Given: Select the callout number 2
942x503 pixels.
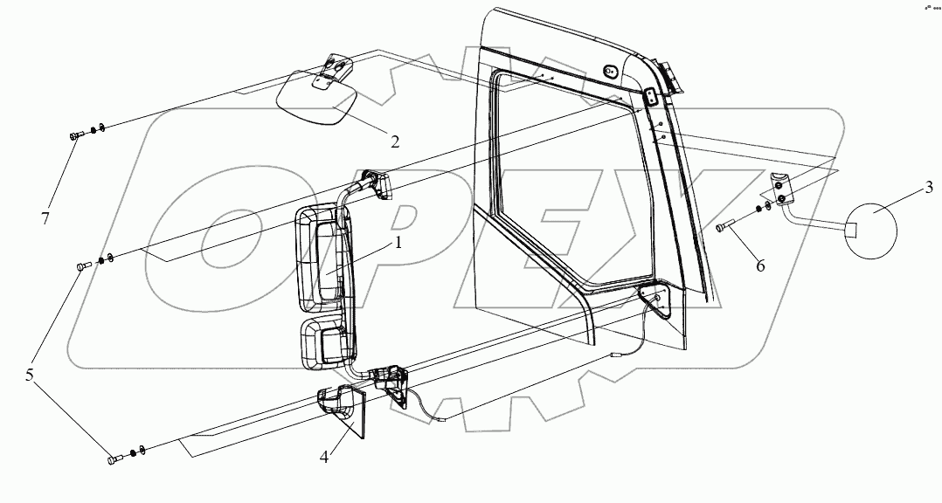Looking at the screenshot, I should click(395, 141).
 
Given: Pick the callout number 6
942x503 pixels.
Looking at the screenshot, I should click(760, 265).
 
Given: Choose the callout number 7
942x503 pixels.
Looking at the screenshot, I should click(45, 216).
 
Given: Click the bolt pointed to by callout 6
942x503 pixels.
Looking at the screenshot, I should click(722, 228).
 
